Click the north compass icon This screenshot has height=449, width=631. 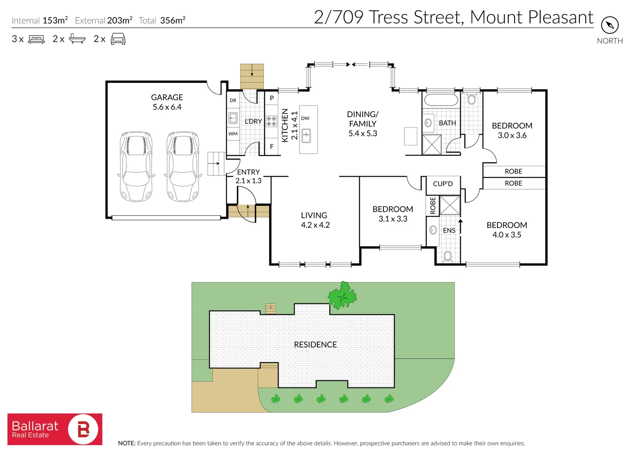click(610, 25)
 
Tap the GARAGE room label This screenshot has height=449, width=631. click(167, 97)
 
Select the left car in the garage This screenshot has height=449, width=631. click(136, 166)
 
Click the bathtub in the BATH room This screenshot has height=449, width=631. click(441, 100)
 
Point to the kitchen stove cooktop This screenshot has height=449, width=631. click(271, 121)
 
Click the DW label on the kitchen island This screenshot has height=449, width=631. click(305, 118)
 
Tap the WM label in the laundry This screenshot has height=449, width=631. click(233, 134)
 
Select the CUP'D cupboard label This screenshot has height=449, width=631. click(443, 184)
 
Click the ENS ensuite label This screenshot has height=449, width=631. click(449, 231)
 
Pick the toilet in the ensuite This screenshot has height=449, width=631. click(448, 257)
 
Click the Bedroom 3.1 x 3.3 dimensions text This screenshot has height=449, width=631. click(393, 219)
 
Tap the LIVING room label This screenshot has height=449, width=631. click(314, 215)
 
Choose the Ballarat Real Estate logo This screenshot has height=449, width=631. click(55, 429)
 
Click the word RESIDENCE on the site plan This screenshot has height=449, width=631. click(315, 345)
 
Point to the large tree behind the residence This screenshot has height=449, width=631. click(342, 296)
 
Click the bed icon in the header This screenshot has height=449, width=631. click(36, 39)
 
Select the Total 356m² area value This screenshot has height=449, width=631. click(173, 20)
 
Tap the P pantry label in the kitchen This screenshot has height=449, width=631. click(272, 98)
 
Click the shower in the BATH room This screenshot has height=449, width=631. click(432, 144)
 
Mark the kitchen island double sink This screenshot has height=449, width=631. click(306, 136)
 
